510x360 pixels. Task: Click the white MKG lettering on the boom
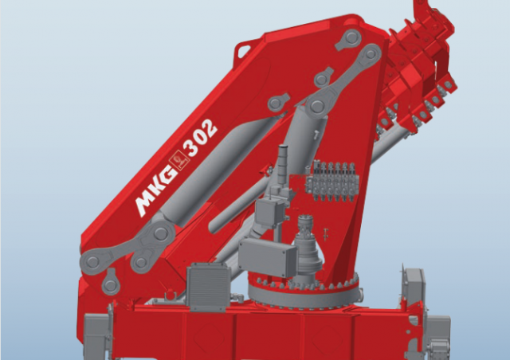(x=155, y=191)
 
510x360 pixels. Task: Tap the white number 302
(x=200, y=137)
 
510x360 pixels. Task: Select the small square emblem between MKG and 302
(x=178, y=160)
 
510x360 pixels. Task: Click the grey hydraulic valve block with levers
(x=332, y=181)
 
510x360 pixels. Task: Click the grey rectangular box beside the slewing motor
(x=268, y=257)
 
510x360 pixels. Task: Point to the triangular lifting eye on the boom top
(x=243, y=50)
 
